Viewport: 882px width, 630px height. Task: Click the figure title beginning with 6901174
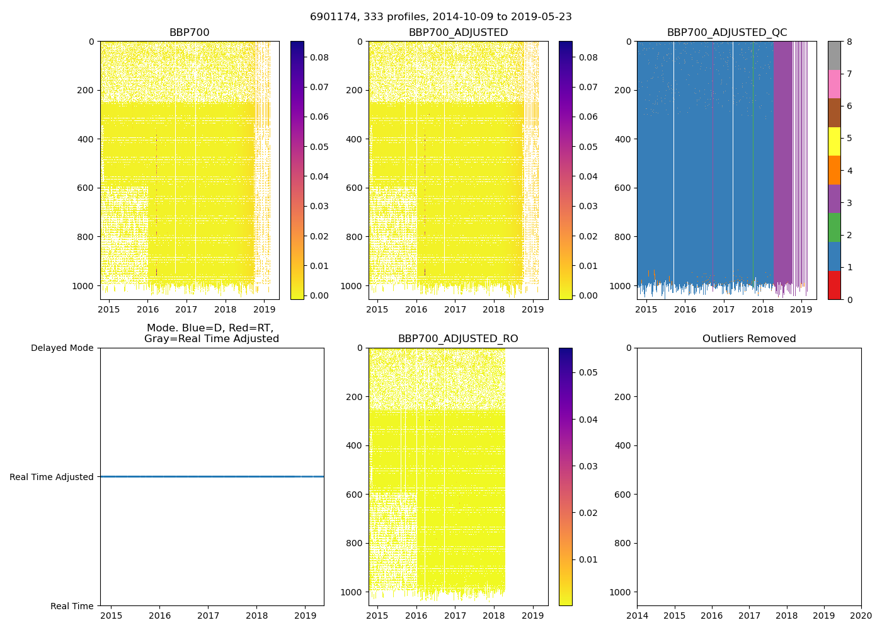coord(440,17)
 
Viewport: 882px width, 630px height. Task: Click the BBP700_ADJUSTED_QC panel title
coord(726,33)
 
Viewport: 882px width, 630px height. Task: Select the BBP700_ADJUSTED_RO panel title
coord(458,339)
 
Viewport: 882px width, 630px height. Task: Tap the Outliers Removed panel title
coord(749,339)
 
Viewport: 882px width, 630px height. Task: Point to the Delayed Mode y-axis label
coord(62,348)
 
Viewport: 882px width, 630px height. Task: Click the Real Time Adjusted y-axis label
coord(52,477)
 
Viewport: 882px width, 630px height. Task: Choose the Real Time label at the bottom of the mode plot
coord(72,606)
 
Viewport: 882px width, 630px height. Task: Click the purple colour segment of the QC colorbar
coord(834,198)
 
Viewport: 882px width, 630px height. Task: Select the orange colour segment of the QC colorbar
coord(834,170)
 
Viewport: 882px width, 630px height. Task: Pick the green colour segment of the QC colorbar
coord(834,227)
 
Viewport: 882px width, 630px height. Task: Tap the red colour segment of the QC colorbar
coord(834,285)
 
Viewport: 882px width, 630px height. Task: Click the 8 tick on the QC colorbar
coord(849,42)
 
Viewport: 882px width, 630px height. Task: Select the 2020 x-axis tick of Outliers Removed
coord(861,615)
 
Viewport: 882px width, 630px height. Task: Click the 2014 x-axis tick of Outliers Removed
coord(637,615)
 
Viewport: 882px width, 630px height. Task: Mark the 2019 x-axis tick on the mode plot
coord(305,615)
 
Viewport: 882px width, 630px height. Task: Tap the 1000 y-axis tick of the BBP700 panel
coord(86,286)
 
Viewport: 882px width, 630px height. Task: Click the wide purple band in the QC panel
coord(782,157)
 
